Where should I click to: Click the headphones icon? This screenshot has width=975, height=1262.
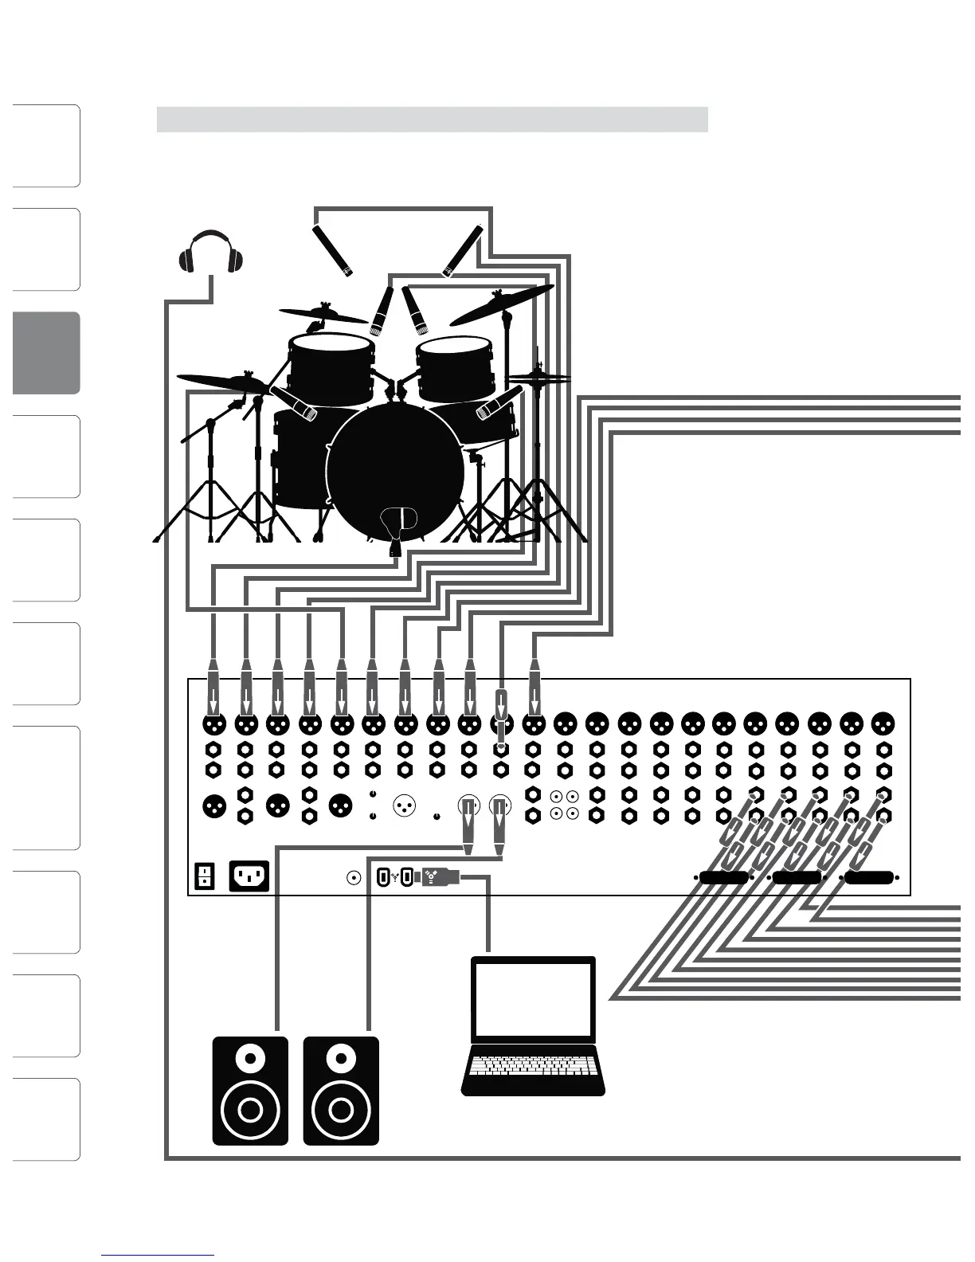point(210,253)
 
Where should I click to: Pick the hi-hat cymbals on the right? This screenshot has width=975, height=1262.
point(538,376)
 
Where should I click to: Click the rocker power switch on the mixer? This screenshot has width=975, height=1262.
point(204,876)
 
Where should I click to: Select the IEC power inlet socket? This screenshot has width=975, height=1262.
point(249,876)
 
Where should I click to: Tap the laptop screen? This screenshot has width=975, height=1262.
point(533,999)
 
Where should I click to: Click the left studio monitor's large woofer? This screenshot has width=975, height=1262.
point(249,1109)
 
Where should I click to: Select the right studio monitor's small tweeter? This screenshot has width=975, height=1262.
point(341,1059)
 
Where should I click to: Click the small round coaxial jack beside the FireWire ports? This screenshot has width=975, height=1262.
point(353,878)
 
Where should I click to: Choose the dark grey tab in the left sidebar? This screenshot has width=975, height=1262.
point(46,353)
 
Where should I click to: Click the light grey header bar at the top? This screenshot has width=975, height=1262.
point(432,119)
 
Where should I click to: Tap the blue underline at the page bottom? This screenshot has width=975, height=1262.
point(158,1256)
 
